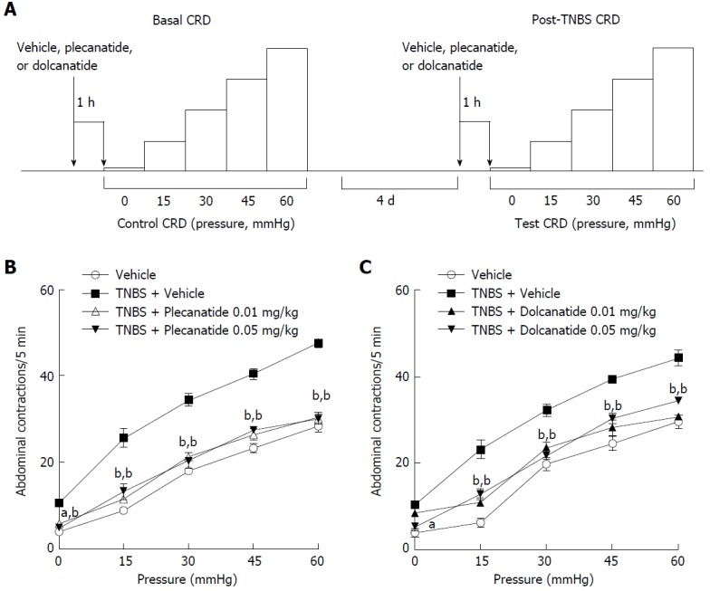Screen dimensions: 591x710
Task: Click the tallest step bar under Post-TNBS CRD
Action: pos(673,109)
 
